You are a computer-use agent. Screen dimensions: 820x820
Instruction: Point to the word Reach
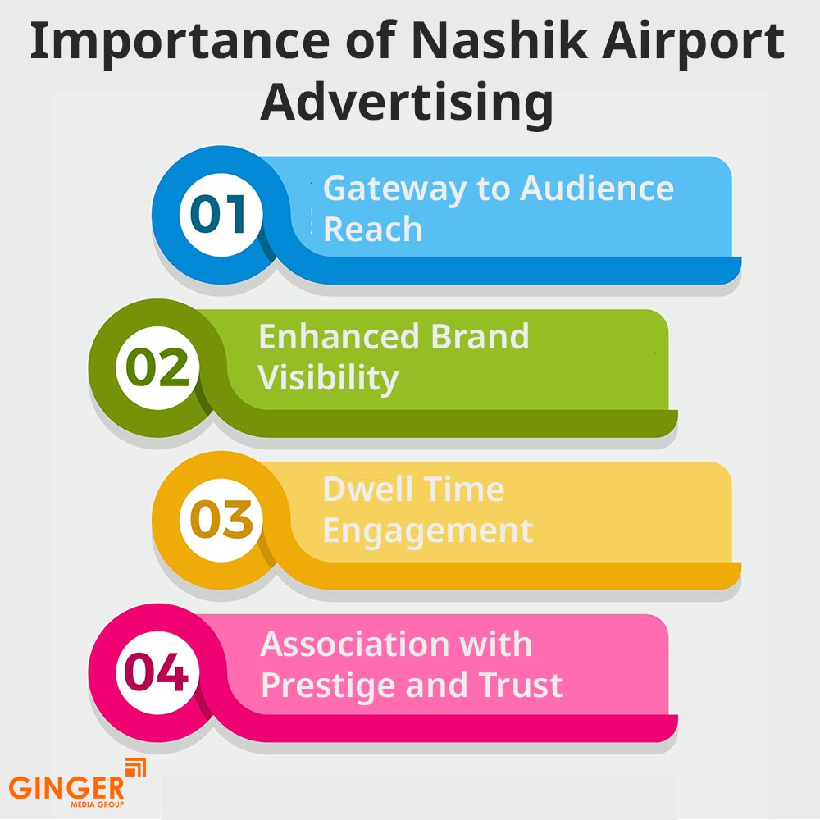pos(372,230)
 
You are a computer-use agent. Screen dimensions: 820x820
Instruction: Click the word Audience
pos(597,188)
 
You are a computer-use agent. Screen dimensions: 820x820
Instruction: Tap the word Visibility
pos(328,378)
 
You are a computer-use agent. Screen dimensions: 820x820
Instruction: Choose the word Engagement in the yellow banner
pos(427,531)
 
